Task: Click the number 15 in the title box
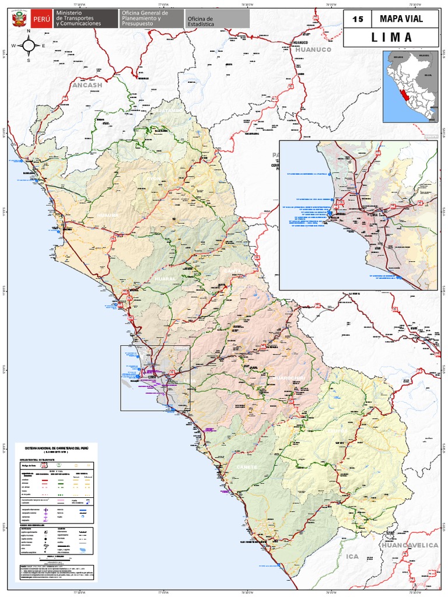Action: (x=358, y=19)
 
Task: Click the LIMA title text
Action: (x=391, y=38)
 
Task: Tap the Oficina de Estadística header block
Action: (x=217, y=19)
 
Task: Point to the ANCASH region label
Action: (x=87, y=85)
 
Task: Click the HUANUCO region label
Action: (x=313, y=50)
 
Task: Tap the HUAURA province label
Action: (x=108, y=215)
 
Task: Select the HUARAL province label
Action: (x=164, y=279)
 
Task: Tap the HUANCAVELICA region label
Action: (x=409, y=545)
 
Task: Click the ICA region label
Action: (x=352, y=556)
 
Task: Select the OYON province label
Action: (x=153, y=178)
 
